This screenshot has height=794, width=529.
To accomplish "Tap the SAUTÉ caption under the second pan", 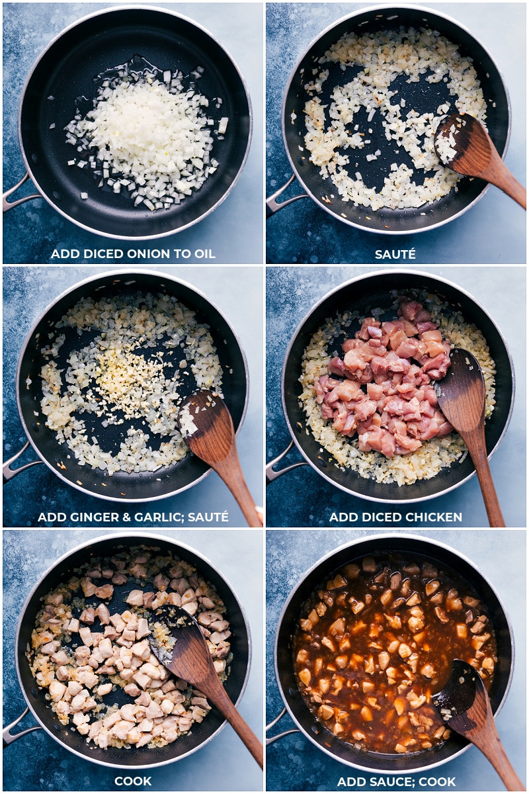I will (395, 253).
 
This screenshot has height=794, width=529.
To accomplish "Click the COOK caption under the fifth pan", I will (133, 781).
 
